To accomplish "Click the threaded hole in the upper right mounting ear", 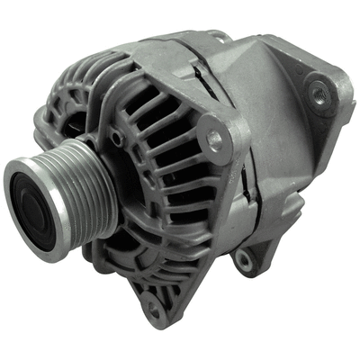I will [318, 90].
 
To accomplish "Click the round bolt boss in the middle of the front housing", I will [213, 139].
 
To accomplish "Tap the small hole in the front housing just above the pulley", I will [115, 138].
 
